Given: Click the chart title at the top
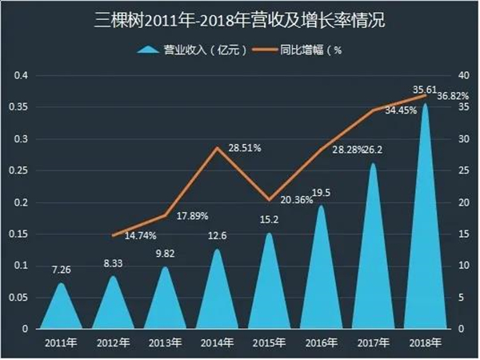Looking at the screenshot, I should [x=240, y=18].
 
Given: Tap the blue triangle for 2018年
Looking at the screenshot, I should [x=424, y=240].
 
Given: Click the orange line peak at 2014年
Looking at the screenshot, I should [x=216, y=148].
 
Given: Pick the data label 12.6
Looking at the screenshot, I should [x=216, y=237].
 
